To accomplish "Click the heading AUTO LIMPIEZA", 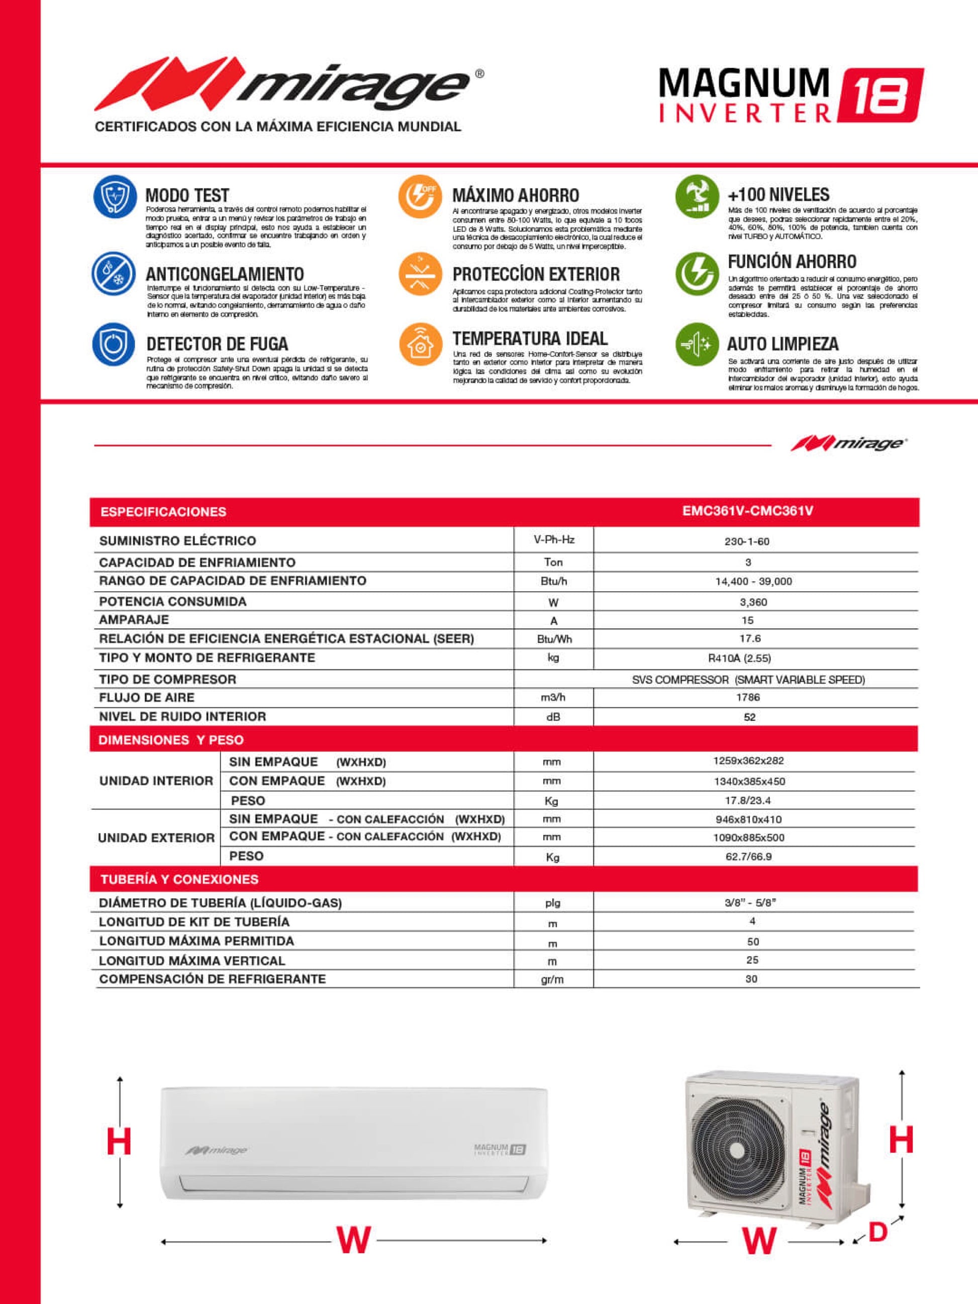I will coord(783,344).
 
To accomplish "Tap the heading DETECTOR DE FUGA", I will coord(217,344).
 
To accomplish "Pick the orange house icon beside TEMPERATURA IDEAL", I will coord(420,344).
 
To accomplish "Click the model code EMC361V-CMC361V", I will coord(747,511).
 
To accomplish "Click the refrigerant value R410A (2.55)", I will coord(747,658).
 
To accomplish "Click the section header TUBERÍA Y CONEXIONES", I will coord(179,879).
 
